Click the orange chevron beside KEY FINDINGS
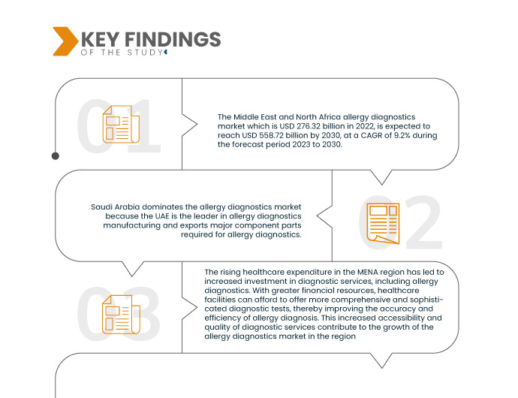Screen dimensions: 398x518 (65, 41)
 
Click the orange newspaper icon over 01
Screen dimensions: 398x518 (121, 125)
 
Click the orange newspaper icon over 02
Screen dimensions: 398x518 (383, 223)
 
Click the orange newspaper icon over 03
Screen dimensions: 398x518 (121, 314)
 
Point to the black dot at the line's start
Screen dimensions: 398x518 (55, 156)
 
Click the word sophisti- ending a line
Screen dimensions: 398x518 (425, 299)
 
